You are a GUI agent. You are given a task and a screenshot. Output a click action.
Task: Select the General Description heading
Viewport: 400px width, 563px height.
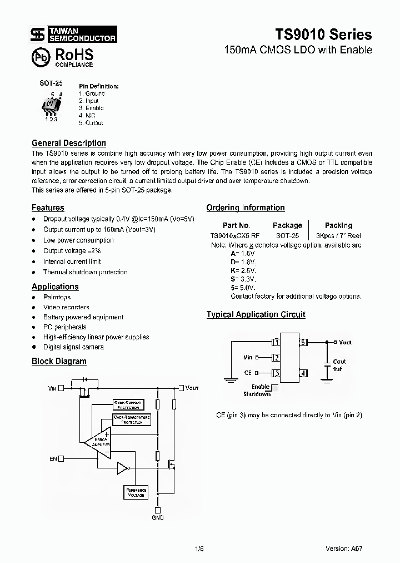coord(68,143)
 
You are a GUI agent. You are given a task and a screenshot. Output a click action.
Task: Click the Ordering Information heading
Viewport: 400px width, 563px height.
coord(245,208)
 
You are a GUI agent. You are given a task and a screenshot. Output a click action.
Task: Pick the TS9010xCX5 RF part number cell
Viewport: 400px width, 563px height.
coord(235,235)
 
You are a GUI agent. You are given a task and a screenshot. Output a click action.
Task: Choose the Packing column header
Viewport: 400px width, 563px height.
coord(338,225)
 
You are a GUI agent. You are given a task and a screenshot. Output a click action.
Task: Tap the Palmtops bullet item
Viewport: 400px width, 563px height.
coord(57,297)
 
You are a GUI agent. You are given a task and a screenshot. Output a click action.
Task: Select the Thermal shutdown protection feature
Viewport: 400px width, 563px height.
coord(85,272)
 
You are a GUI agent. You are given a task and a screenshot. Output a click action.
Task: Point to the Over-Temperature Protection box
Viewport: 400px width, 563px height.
coord(131,419)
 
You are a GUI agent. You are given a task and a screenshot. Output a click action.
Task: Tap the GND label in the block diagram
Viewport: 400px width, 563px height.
coord(158,518)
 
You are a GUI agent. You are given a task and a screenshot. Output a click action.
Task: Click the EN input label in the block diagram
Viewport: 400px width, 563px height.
coord(53,458)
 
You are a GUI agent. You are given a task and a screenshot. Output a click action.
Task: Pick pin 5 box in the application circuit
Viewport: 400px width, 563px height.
coord(303,342)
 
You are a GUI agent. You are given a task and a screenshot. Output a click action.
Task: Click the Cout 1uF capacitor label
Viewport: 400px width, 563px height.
coord(339,365)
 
